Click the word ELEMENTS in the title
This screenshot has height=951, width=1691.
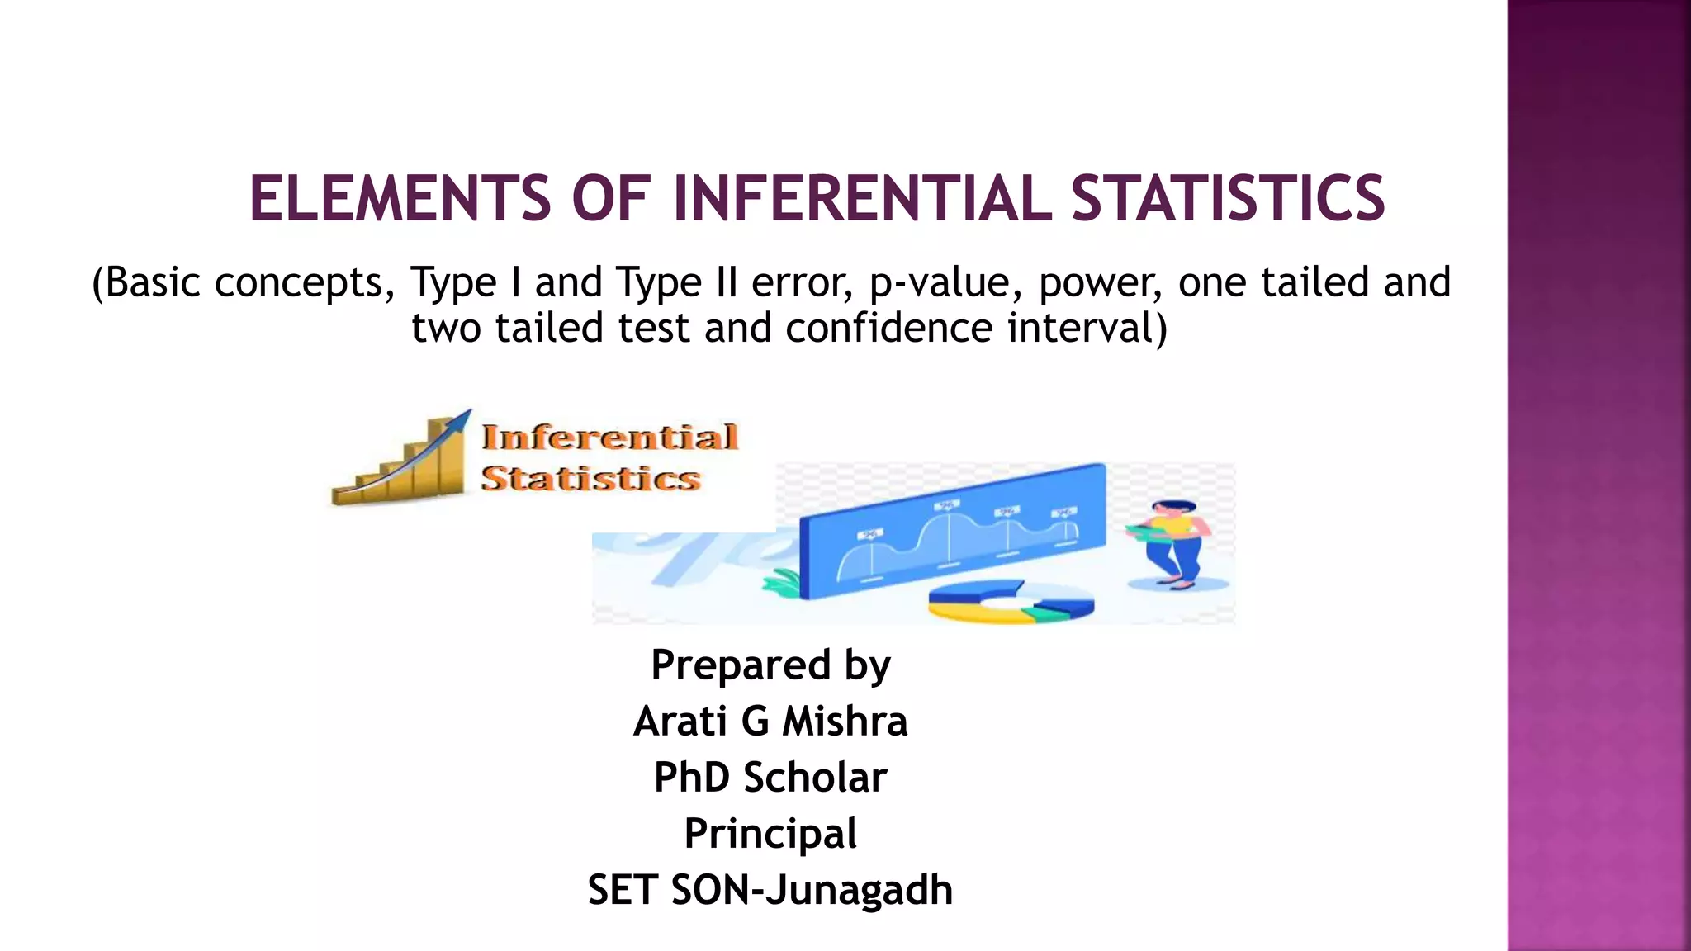(400, 199)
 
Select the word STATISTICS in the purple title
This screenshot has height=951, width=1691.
(1228, 199)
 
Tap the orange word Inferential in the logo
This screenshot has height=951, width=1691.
(609, 438)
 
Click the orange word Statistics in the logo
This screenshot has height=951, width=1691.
(590, 479)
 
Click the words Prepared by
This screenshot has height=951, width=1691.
(770, 665)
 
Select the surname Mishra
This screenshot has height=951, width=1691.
(845, 722)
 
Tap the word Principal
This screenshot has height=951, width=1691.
(770, 834)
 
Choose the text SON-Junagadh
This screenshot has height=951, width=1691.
(812, 890)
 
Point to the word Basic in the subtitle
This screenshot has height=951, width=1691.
(152, 283)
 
